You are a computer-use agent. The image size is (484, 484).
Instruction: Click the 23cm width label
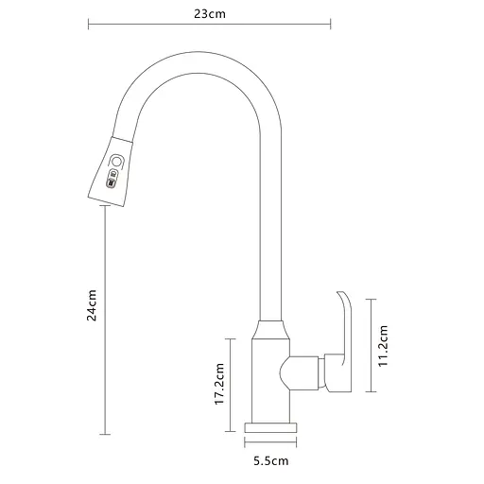click(x=208, y=13)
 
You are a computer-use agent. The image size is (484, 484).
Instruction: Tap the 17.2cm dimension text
click(x=219, y=385)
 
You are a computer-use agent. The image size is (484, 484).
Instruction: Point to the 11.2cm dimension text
click(x=384, y=345)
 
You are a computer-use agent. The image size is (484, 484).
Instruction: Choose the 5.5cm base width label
click(x=270, y=461)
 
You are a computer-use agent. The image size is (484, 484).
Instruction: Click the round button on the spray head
click(x=116, y=162)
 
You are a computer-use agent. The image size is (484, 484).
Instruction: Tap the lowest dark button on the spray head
click(x=111, y=185)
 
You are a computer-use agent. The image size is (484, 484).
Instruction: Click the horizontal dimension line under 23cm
click(x=208, y=26)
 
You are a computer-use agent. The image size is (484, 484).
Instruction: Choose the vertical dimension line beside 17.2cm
click(x=233, y=385)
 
